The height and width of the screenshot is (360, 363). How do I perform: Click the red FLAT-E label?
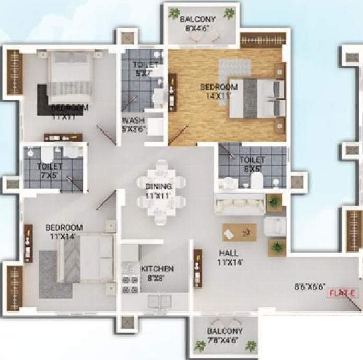tap(343, 293)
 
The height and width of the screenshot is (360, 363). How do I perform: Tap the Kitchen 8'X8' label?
tap(157, 273)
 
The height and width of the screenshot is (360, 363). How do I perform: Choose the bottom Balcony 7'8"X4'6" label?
tap(224, 336)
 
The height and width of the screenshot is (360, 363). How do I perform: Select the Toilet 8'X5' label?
tap(252, 164)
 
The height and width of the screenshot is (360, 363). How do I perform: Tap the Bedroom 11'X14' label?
tap(64, 232)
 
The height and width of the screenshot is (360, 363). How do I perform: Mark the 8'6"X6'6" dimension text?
tap(310, 286)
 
